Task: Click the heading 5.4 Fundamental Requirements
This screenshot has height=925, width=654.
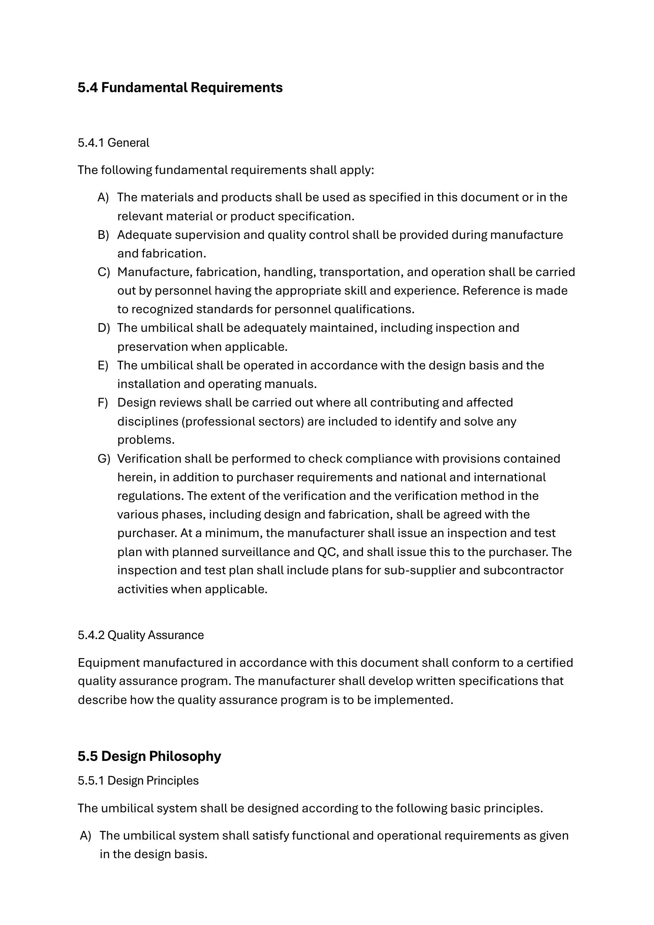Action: pyautogui.click(x=180, y=88)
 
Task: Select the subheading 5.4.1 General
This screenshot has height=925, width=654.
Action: pyautogui.click(x=113, y=143)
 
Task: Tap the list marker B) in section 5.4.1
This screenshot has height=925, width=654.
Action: pyautogui.click(x=103, y=235)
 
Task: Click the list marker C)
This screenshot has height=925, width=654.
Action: pyautogui.click(x=104, y=272)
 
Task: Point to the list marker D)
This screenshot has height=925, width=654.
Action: pyautogui.click(x=104, y=328)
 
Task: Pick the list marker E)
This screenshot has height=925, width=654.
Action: pyautogui.click(x=103, y=365)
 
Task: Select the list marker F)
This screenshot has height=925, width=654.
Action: pyautogui.click(x=103, y=403)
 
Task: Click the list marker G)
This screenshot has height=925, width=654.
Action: pyautogui.click(x=104, y=459)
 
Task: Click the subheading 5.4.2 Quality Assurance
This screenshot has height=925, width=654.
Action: pyautogui.click(x=140, y=636)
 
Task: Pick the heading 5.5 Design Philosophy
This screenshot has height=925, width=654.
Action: pyautogui.click(x=149, y=756)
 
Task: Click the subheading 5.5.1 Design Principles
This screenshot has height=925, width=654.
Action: pyautogui.click(x=138, y=781)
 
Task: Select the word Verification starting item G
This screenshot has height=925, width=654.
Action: pyautogui.click(x=149, y=459)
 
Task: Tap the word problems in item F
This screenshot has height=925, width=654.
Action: pyautogui.click(x=146, y=440)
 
